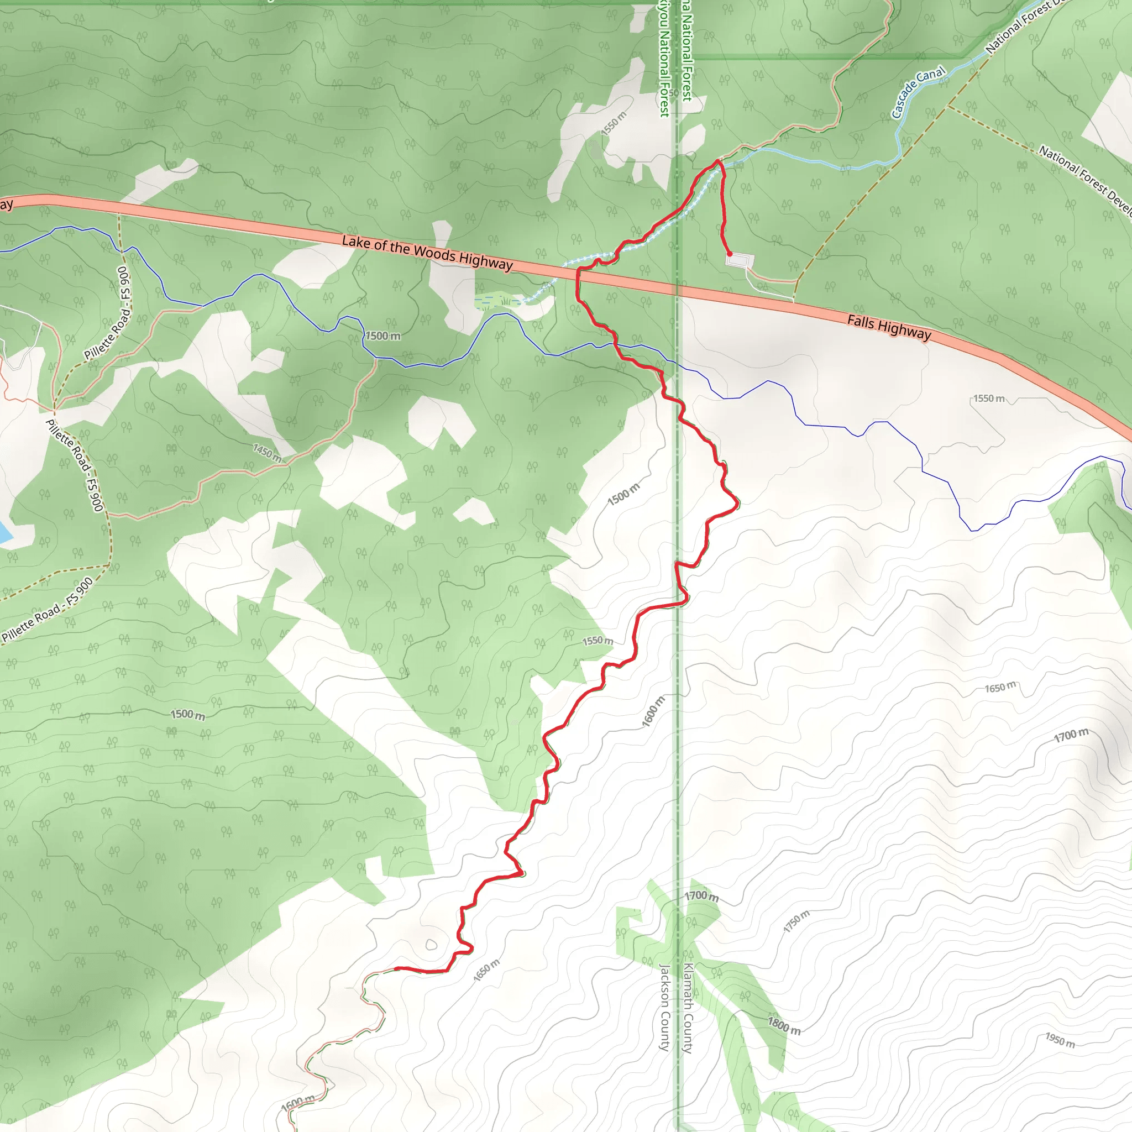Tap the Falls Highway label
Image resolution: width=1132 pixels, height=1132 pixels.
(889, 328)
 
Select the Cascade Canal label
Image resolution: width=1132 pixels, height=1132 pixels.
(918, 92)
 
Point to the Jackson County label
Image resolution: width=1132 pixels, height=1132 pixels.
(664, 1007)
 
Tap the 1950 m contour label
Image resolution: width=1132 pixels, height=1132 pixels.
(1060, 1040)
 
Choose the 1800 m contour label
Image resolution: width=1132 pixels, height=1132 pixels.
(784, 1026)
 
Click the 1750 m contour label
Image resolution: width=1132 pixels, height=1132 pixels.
(797, 921)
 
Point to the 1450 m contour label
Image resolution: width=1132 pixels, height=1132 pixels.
(267, 452)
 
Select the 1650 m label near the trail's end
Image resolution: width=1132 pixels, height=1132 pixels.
(486, 970)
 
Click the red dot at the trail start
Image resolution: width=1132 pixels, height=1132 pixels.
(730, 254)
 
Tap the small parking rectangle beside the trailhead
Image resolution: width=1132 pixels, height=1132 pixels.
(740, 260)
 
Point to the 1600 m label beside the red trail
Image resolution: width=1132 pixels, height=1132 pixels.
(653, 712)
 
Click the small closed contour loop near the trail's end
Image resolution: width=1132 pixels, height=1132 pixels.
(431, 945)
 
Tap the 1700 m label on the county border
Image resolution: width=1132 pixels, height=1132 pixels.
(701, 896)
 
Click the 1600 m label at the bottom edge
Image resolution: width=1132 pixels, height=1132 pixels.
(298, 1103)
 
